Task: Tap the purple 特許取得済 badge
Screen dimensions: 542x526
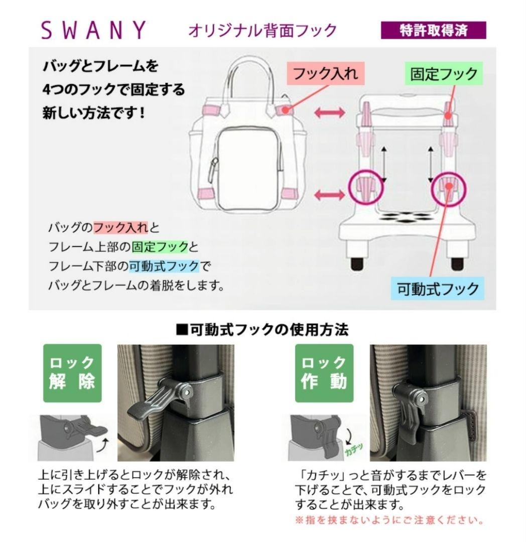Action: tap(434, 30)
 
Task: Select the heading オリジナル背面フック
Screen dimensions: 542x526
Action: tap(262, 31)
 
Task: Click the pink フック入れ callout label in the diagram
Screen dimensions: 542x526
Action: tap(325, 74)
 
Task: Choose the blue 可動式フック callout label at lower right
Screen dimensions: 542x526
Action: tap(438, 289)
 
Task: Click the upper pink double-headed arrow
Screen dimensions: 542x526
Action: tap(329, 112)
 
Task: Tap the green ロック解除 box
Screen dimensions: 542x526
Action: tap(72, 372)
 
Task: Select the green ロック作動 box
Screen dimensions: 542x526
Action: tap(324, 372)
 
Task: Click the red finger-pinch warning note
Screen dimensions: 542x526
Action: tap(389, 519)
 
